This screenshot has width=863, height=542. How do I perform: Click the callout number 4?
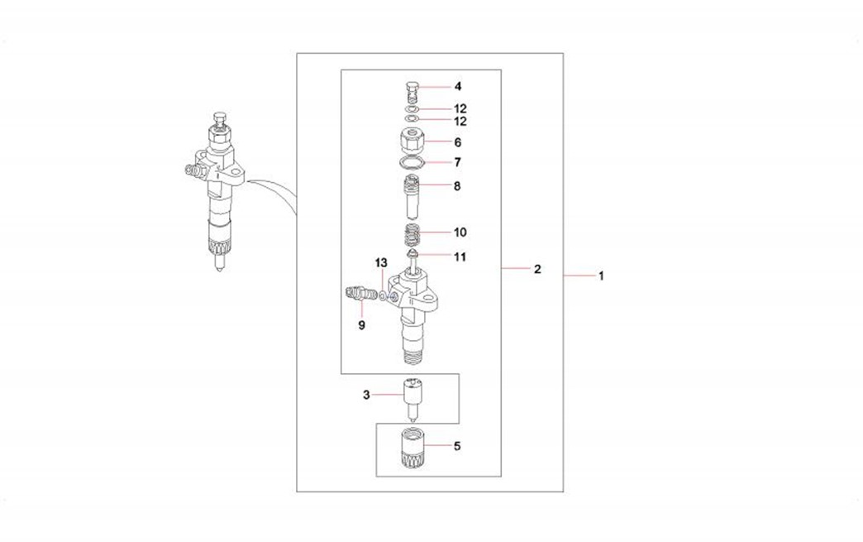pyautogui.click(x=457, y=87)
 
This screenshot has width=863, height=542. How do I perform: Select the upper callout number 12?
pyautogui.click(x=460, y=108)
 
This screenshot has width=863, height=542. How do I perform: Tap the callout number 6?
pyautogui.click(x=457, y=142)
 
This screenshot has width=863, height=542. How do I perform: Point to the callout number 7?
pyautogui.click(x=457, y=162)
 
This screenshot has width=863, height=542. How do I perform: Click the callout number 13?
pyautogui.click(x=381, y=263)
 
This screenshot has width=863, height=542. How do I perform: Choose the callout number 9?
pyautogui.click(x=361, y=325)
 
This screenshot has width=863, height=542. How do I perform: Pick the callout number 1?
pyautogui.click(x=601, y=276)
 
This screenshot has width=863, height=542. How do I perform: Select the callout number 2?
pyautogui.click(x=537, y=269)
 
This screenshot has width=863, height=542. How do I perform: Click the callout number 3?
pyautogui.click(x=366, y=395)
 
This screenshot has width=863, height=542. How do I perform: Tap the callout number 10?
pyautogui.click(x=460, y=233)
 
